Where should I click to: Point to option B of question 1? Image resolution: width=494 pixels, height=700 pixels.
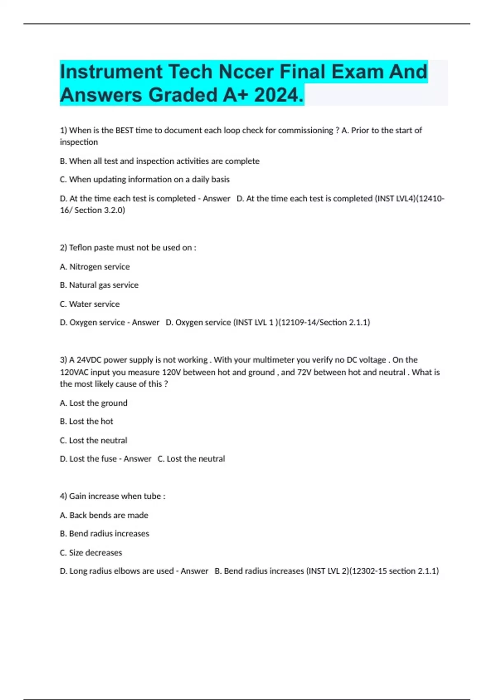160,161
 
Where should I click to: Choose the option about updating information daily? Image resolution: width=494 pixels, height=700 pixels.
144,180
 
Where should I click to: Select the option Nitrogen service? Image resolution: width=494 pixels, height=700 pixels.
95,267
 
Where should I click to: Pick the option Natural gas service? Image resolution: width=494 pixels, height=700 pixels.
99,285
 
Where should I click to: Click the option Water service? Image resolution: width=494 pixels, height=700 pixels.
90,304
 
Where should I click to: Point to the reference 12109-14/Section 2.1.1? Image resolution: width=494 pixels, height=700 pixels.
325,322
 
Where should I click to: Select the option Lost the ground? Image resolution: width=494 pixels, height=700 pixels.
93,403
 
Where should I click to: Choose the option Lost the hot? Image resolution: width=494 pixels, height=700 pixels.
86,421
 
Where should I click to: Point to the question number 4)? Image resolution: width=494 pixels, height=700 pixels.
63,496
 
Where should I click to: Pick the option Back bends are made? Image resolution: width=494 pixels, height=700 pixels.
104,515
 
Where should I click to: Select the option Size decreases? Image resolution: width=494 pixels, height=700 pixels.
91,553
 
